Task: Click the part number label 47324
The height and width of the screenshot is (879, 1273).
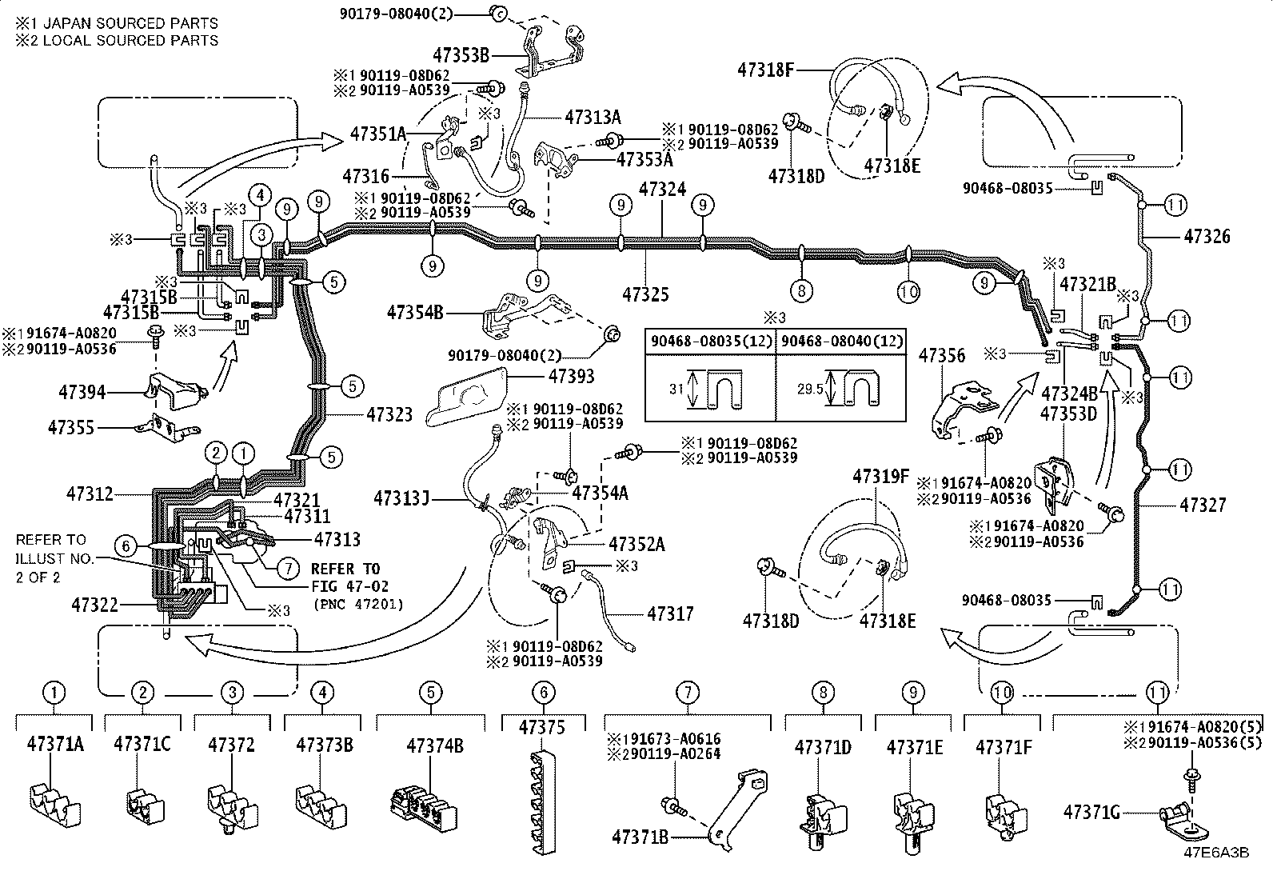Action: click(x=662, y=190)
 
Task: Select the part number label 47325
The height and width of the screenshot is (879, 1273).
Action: click(x=644, y=294)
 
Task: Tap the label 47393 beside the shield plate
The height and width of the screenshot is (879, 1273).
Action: click(x=571, y=375)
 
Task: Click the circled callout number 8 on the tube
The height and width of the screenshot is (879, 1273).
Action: click(x=801, y=290)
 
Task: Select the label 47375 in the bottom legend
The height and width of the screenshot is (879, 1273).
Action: click(x=542, y=727)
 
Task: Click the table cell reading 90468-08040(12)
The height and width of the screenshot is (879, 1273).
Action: click(x=842, y=341)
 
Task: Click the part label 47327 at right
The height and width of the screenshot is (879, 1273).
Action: click(x=1203, y=505)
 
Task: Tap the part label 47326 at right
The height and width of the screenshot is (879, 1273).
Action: click(x=1207, y=236)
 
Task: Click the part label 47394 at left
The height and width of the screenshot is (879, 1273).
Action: click(x=82, y=393)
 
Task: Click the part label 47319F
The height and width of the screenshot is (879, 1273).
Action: click(x=880, y=477)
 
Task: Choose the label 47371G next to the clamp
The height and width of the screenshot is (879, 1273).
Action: click(x=1091, y=813)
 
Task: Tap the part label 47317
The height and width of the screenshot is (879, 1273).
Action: click(x=670, y=613)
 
